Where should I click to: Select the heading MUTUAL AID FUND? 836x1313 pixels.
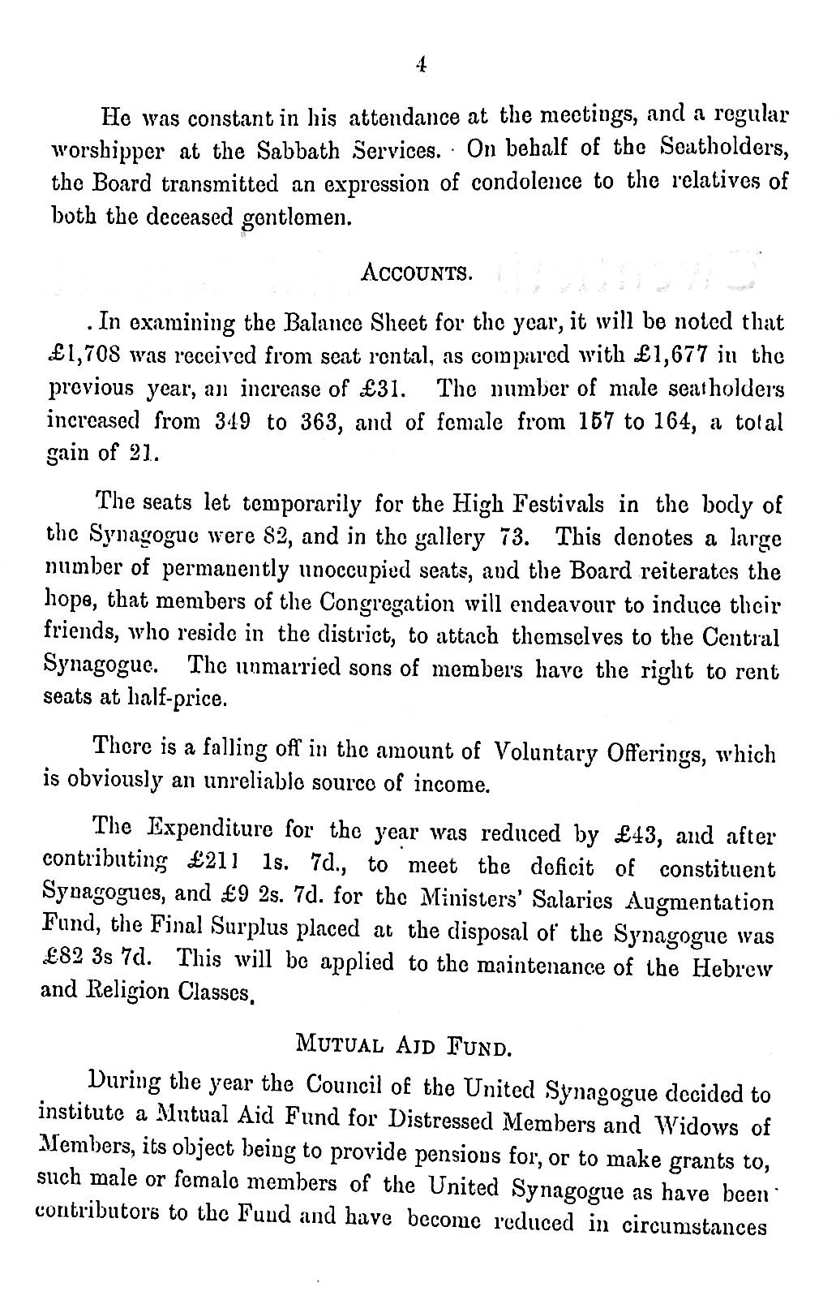pyautogui.click(x=402, y=1041)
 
